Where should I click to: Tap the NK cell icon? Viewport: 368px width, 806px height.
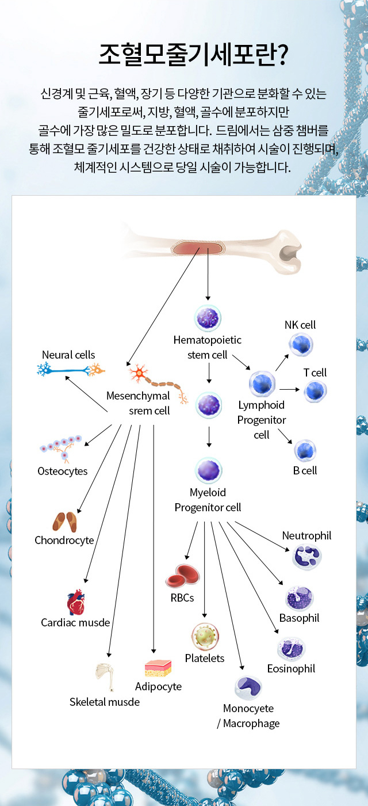(x=300, y=345)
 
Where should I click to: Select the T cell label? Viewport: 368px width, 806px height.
(x=315, y=372)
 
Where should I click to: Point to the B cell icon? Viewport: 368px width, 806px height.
(x=305, y=451)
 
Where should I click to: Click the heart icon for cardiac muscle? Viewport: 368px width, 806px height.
(x=75, y=603)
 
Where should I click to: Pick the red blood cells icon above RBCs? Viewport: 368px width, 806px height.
(x=182, y=576)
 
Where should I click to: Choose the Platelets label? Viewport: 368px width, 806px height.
(x=205, y=658)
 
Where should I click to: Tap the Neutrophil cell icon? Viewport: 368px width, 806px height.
(x=307, y=557)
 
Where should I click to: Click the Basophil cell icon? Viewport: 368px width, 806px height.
(x=300, y=599)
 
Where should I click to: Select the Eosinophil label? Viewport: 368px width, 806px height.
(x=291, y=668)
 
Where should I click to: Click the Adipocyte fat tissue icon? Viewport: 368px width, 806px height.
(x=158, y=668)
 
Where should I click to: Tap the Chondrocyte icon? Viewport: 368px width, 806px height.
(x=64, y=521)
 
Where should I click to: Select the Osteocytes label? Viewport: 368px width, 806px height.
(x=63, y=471)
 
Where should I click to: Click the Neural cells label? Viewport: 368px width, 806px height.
(x=68, y=355)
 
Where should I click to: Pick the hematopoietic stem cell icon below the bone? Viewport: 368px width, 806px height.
(x=208, y=318)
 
